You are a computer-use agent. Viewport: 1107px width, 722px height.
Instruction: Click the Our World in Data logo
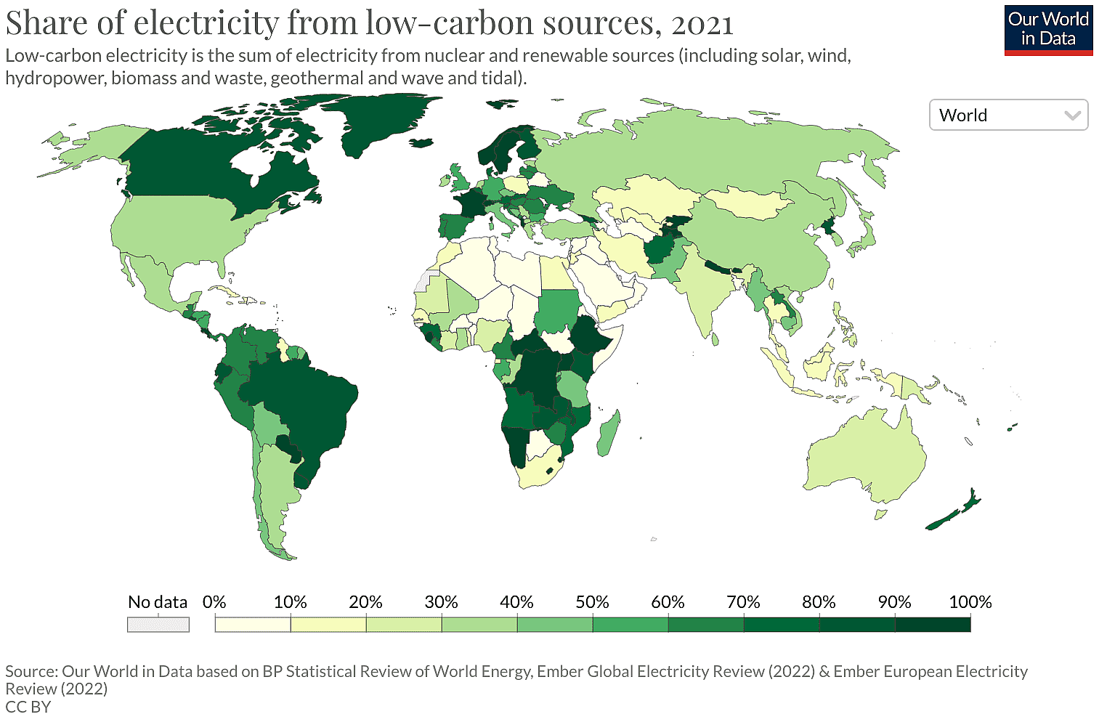tap(1048, 30)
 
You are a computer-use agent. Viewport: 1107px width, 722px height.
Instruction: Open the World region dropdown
tap(1008, 115)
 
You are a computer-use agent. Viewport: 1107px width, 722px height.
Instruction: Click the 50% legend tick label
tap(592, 602)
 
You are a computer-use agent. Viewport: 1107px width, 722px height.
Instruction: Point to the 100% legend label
tap(970, 602)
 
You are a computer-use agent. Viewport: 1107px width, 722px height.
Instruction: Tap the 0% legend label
tap(214, 602)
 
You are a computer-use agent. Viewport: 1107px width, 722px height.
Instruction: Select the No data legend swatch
tap(158, 625)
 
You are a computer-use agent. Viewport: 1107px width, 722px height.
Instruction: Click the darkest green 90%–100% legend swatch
tap(933, 625)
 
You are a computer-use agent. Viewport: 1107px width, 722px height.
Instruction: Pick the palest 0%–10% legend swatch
tap(253, 625)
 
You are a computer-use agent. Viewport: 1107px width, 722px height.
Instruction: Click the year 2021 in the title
tap(702, 23)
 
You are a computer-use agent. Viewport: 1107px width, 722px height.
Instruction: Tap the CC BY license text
tap(28, 707)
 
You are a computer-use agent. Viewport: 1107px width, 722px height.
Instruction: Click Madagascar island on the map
tap(608, 434)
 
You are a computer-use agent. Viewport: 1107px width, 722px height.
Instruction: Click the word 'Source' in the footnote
tap(30, 671)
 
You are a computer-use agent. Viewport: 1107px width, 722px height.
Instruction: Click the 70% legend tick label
tap(743, 602)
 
